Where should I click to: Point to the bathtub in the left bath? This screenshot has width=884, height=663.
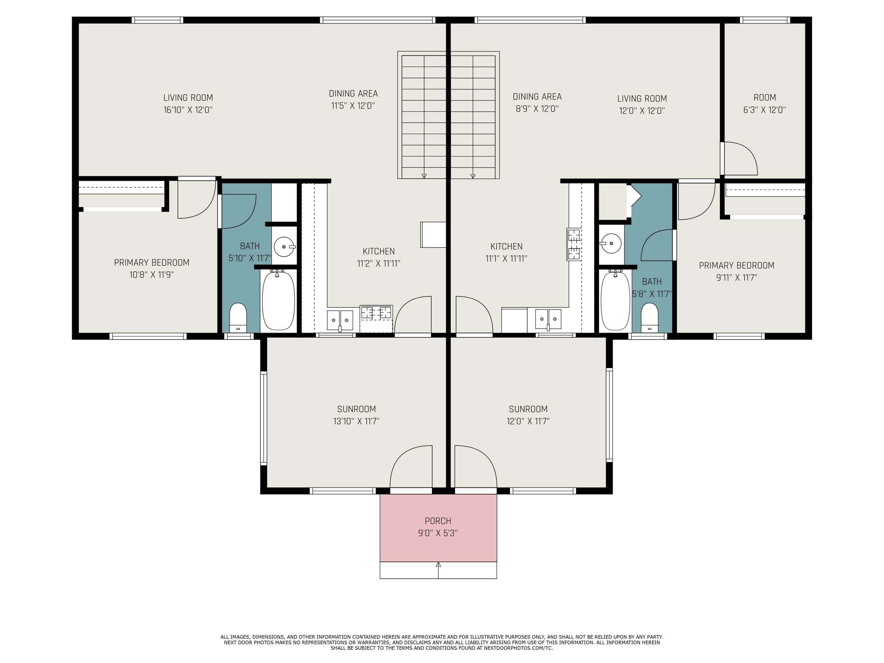point(278,301)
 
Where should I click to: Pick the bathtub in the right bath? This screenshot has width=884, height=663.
point(616,301)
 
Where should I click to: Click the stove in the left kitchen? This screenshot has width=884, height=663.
point(376,319)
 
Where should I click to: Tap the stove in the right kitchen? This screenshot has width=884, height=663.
point(574,244)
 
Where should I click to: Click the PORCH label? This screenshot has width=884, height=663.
point(438,521)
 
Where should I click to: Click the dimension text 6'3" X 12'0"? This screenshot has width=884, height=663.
point(764,110)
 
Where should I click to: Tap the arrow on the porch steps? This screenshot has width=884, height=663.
point(438,570)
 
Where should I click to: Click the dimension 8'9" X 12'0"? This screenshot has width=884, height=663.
point(537,109)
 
